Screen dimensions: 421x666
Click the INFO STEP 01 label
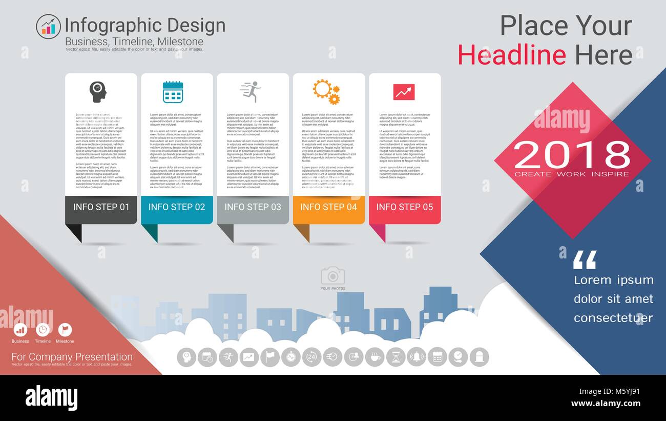coord(101,207)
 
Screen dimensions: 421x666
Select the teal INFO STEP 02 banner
coord(177,207)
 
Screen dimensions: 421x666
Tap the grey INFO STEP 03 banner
coord(253,207)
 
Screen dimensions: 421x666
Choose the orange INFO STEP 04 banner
coord(328,207)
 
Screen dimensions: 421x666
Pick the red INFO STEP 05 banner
coord(404,207)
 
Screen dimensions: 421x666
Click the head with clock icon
coord(97,92)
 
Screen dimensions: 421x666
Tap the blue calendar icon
coord(173,92)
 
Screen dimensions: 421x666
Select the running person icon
coord(251,92)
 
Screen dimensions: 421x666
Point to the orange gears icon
coord(326,91)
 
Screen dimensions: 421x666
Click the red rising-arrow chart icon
coord(404,92)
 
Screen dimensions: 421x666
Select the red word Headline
coord(512,55)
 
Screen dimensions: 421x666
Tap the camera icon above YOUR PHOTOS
coord(332,276)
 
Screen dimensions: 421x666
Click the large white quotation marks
coord(585,259)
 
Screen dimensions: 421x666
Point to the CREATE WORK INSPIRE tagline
coord(572,174)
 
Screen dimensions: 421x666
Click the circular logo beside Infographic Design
coord(48,26)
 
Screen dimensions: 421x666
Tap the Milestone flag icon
coord(65,329)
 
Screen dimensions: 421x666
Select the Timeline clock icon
coord(43,329)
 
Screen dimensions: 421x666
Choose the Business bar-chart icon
coord(20,329)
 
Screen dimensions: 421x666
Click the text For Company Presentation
coord(72,356)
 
